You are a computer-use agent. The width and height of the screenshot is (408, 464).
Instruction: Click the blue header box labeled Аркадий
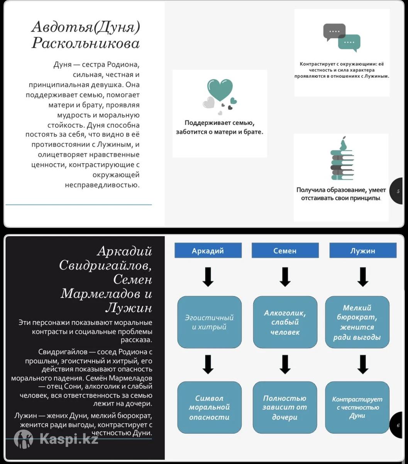point(208,251)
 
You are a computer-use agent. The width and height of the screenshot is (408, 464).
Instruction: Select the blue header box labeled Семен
point(285,251)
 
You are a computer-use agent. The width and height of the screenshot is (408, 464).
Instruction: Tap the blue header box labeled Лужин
point(362,251)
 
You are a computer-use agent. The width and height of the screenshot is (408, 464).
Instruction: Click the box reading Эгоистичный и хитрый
point(209,322)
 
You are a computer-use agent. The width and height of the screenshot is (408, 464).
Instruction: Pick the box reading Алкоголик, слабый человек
point(285,322)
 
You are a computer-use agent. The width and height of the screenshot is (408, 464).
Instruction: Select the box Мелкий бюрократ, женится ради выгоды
point(357,322)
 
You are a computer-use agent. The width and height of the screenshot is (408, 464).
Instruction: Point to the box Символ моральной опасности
point(209,407)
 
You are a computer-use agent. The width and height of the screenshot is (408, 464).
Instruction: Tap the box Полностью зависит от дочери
point(285,407)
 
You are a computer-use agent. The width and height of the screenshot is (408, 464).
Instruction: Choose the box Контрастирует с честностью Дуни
point(357,407)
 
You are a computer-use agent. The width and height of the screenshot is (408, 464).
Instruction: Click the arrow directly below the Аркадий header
point(208,277)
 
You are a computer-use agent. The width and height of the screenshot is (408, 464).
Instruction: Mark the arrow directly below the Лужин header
point(362,277)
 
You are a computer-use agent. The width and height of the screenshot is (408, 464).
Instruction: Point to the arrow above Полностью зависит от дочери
point(285,364)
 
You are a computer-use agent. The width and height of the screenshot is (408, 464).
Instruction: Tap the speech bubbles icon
point(342,37)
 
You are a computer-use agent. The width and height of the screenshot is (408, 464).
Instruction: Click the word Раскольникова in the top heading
point(85,43)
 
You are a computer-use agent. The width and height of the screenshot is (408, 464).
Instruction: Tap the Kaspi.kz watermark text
point(69,438)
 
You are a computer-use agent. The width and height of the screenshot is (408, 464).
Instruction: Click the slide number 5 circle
point(398,191)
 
